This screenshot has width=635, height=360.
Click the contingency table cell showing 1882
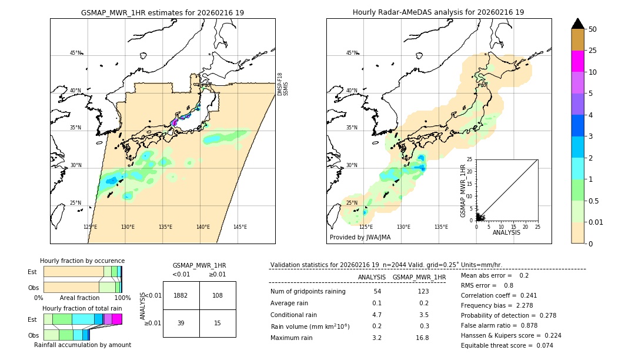181,295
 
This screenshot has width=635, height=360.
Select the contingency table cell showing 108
218,295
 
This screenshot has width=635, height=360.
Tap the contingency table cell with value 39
181,324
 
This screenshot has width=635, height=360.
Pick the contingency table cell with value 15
218,324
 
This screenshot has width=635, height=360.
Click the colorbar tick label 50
593,29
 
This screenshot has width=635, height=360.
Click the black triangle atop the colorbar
578,24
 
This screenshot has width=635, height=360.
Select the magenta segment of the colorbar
578,61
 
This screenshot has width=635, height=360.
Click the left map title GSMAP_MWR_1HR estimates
162,12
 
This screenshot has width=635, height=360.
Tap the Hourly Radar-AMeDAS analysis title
438,12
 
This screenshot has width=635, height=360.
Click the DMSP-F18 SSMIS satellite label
283,84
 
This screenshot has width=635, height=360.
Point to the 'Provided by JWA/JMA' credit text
360,238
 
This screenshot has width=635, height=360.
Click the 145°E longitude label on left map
240,227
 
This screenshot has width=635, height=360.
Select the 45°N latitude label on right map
352,53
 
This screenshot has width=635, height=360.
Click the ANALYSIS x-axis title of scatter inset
506,233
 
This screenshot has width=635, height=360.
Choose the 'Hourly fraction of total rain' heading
82,308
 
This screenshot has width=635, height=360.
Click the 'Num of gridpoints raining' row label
308,292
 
